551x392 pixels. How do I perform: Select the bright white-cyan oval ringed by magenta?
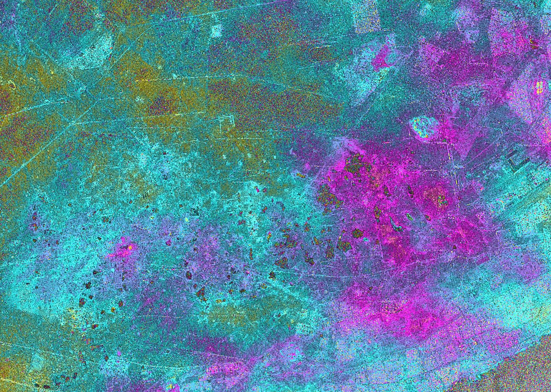423,128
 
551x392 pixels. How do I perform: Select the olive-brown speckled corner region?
529,373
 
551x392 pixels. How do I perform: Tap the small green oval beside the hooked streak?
409,216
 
